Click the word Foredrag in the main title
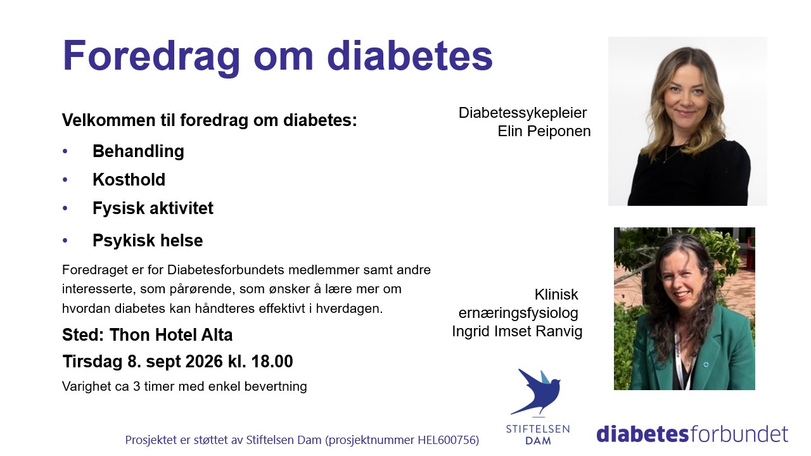pyautogui.click(x=151, y=57)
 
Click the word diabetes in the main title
pyautogui.click(x=410, y=56)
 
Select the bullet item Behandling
pyautogui.click(x=138, y=151)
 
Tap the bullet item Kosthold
pyautogui.click(x=129, y=179)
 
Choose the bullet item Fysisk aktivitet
pyautogui.click(x=153, y=208)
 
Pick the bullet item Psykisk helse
pyautogui.click(x=148, y=240)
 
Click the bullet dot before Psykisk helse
pyautogui.click(x=65, y=241)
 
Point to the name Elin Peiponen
pyautogui.click(x=544, y=131)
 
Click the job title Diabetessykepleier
pyautogui.click(x=523, y=113)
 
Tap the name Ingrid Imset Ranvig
pyautogui.click(x=517, y=331)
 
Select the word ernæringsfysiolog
pyautogui.click(x=518, y=313)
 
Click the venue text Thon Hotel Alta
pyautogui.click(x=171, y=335)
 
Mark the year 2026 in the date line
pyautogui.click(x=204, y=361)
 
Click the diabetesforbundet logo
pyautogui.click(x=692, y=434)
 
